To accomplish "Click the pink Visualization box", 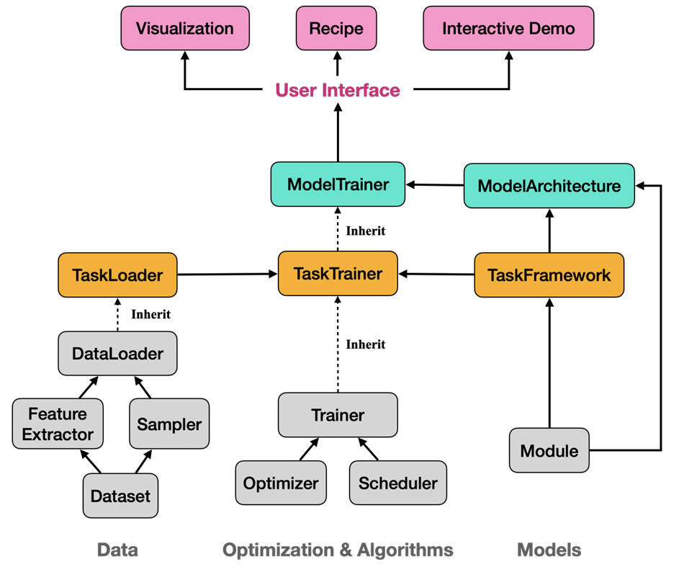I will (x=184, y=29).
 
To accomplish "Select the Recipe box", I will (x=336, y=29).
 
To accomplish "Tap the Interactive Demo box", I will (x=508, y=29).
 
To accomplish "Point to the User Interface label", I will (x=337, y=90).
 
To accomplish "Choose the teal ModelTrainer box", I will (x=337, y=184).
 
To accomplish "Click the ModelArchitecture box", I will (x=549, y=185).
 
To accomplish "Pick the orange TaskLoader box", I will (x=117, y=274).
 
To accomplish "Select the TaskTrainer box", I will (x=338, y=274).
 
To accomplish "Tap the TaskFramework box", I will (x=549, y=274).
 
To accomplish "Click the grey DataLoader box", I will (x=117, y=354).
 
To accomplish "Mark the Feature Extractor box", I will (x=58, y=424).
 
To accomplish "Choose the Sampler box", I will (x=169, y=424).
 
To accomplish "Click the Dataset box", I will (x=120, y=496).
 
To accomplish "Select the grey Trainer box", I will (x=338, y=415).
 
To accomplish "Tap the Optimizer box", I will (x=281, y=483).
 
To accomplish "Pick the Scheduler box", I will (x=397, y=483).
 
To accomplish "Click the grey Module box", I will (x=549, y=451).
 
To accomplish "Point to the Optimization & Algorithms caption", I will (x=338, y=550).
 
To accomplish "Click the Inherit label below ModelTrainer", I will (x=366, y=231).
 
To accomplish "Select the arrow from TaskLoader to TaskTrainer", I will (x=228, y=274).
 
